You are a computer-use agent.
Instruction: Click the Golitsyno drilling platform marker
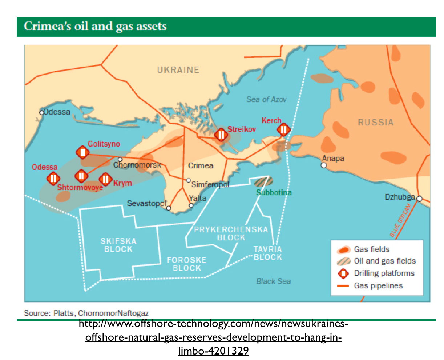point(83,152)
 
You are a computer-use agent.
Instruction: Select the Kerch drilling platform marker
point(283,129)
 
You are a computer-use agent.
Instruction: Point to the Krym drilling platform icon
point(105,179)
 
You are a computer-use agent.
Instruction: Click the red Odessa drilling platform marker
point(53,179)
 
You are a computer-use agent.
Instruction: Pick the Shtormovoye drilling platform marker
point(81,176)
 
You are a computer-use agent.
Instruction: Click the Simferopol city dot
point(188,180)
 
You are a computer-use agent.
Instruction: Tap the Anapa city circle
point(324,165)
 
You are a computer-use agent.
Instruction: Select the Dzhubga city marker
point(419,199)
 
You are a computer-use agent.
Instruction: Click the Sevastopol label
point(146,203)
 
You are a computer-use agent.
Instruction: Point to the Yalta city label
point(198,198)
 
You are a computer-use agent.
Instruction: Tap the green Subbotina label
point(274,192)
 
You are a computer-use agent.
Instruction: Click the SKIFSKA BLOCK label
point(118,245)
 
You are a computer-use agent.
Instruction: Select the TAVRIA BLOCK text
point(268,253)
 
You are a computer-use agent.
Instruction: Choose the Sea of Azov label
point(266,99)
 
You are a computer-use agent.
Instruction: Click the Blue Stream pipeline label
point(400,221)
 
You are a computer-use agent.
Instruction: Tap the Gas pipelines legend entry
point(378,286)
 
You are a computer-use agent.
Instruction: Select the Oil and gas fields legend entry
point(384,261)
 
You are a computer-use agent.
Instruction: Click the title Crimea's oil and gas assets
point(95,27)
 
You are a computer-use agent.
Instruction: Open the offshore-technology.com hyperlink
point(214,337)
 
